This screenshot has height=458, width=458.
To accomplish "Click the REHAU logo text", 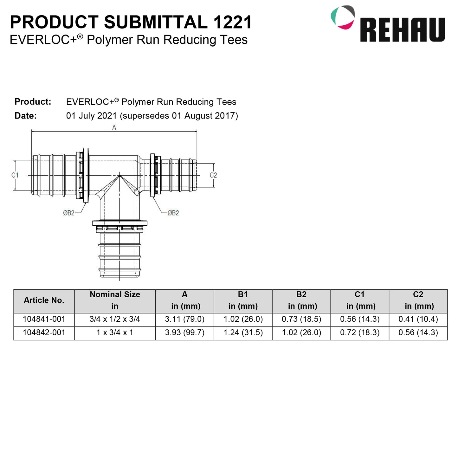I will (x=402, y=30).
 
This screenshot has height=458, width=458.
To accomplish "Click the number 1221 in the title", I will (x=232, y=22).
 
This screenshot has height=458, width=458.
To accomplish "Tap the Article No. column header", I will (x=44, y=300).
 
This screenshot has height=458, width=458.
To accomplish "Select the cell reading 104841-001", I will (x=44, y=319).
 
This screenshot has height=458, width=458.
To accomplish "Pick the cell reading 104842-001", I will (x=44, y=332).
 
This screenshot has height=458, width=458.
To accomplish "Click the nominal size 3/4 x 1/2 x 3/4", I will (x=115, y=319).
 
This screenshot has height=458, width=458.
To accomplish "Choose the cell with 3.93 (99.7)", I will (x=184, y=332).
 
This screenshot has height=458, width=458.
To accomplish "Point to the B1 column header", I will (x=243, y=300).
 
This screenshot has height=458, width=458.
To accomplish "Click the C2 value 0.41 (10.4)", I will (x=418, y=319).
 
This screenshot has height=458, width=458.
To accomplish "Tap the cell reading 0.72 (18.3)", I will (x=360, y=332).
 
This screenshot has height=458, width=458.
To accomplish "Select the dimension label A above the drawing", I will (x=114, y=127).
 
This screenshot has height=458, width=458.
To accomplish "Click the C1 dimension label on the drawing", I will (x=15, y=175).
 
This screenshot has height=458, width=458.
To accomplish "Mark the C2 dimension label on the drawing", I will (x=213, y=175).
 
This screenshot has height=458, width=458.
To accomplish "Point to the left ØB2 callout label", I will (x=69, y=213).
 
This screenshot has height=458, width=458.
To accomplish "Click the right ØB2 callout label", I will (x=173, y=213).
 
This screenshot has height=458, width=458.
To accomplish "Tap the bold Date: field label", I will (x=26, y=116).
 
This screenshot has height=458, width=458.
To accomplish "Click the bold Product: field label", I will (x=33, y=102).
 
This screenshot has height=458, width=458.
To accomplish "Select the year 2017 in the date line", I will (x=225, y=116).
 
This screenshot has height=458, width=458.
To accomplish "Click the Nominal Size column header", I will (x=115, y=300).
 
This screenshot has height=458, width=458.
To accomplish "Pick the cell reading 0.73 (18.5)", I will (x=301, y=319).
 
